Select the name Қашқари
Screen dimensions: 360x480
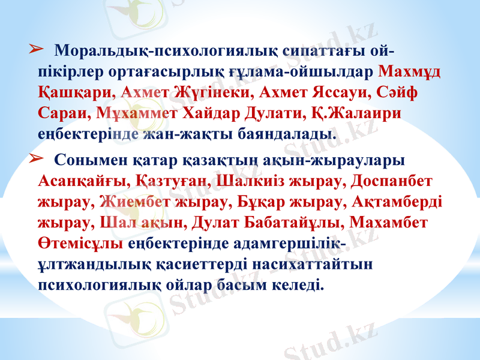point(74,93)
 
